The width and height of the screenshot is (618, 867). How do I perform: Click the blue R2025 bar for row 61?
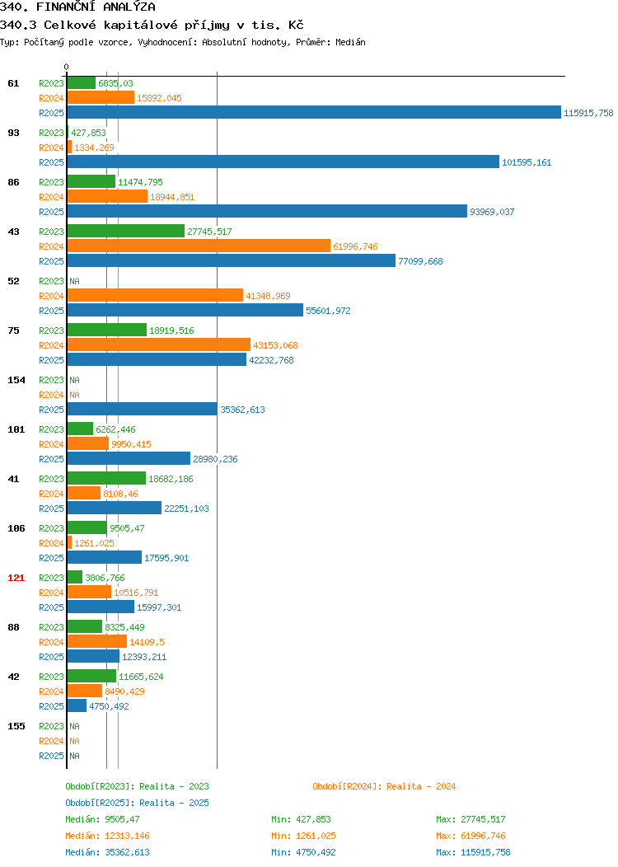(314, 112)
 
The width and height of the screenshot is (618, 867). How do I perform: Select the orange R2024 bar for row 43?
(199, 246)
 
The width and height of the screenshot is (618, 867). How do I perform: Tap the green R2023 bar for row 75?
(107, 330)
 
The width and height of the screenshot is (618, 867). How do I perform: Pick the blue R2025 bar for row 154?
(143, 409)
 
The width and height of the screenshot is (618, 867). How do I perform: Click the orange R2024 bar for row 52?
(156, 295)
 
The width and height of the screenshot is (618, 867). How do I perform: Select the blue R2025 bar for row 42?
(77, 705)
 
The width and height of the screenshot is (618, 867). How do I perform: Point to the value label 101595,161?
(527, 162)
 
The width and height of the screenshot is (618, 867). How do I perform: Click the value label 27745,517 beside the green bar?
(209, 232)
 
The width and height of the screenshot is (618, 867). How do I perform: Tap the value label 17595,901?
(166, 558)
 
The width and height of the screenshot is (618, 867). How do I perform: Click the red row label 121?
(16, 578)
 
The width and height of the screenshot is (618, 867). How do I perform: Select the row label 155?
(16, 726)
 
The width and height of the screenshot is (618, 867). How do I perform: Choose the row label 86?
(13, 182)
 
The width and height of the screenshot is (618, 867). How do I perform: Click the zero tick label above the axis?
(67, 67)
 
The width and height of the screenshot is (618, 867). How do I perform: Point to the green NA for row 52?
(75, 281)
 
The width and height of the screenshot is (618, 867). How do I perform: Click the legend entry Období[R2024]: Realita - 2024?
(384, 786)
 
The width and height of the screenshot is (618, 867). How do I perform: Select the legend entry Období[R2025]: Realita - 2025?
(137, 803)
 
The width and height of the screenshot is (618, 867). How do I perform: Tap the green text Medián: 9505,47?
(102, 819)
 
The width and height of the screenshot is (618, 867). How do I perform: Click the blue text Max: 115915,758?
(473, 852)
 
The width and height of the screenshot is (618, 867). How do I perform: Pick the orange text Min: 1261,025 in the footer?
(303, 836)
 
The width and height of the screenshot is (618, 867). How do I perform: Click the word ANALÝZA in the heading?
(129, 7)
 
